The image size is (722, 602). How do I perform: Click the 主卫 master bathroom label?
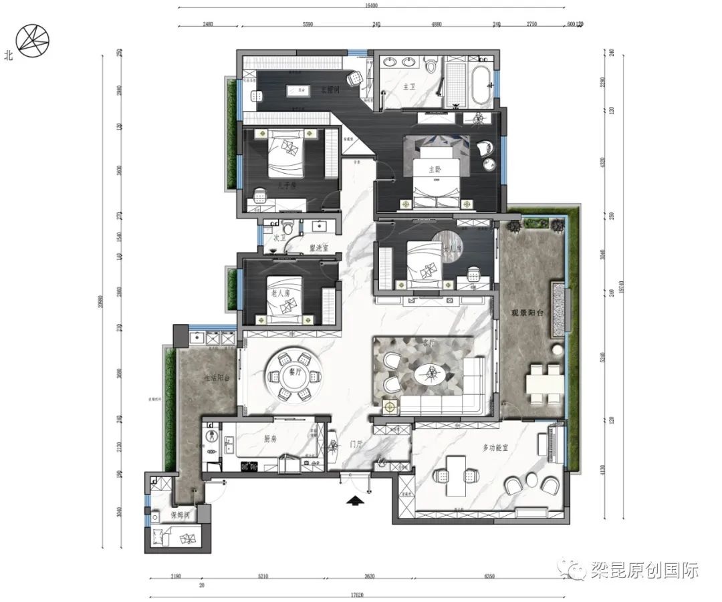point(410,87)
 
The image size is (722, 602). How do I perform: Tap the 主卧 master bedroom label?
point(436,169)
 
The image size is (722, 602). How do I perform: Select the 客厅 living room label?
point(429,342)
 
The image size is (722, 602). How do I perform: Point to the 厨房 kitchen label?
point(270,440)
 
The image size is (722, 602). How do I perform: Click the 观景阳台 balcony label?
point(526,312)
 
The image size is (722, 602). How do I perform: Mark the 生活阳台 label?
point(217,378)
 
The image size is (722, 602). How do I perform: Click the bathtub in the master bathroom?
point(481,84)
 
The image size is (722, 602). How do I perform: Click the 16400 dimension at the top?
point(372,5)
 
